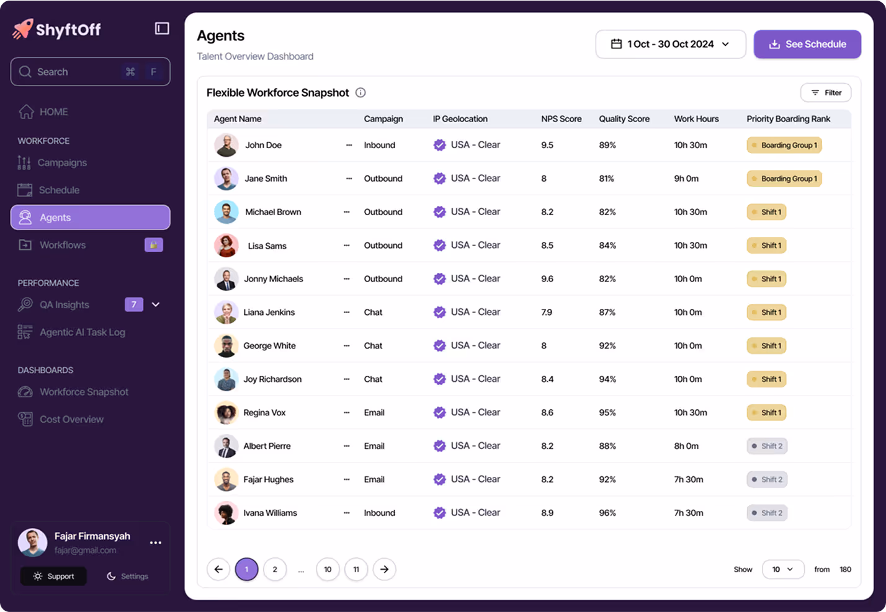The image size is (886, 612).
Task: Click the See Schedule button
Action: coord(807,44)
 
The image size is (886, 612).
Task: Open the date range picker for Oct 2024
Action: coord(670,44)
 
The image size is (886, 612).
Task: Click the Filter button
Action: coord(826,92)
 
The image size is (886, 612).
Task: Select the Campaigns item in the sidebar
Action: coord(62,162)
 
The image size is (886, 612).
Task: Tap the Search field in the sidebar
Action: coord(90,72)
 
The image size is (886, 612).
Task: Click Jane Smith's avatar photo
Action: coord(226,179)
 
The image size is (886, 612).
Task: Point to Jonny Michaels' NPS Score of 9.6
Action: coord(547,279)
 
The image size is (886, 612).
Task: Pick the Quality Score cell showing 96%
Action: coord(607,513)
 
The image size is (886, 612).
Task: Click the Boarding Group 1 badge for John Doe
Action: coord(784,145)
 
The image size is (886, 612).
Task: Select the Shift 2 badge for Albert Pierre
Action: coord(767,446)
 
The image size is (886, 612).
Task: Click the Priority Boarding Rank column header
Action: coord(788,119)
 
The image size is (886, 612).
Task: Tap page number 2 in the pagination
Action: coord(275,569)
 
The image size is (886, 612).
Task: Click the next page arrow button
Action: coord(385,569)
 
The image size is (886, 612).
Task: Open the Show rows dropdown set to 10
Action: coord(782,569)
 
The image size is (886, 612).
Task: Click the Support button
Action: coord(53,576)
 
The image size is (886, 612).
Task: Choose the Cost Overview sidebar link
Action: coord(71,419)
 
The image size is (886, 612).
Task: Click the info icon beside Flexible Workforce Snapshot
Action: coord(360,92)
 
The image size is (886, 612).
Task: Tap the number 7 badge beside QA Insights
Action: coord(134,304)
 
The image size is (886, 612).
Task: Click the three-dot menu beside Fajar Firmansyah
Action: coord(156,543)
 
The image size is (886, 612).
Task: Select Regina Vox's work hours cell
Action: coord(691,412)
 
